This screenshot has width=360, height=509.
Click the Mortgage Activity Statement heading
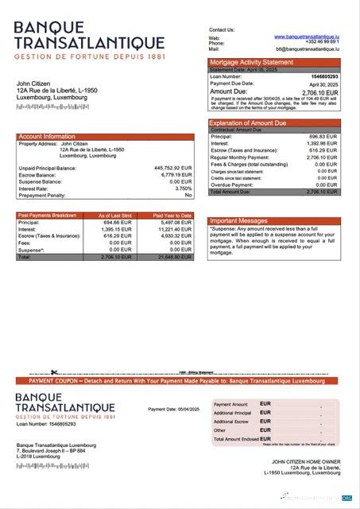click(x=251, y=62)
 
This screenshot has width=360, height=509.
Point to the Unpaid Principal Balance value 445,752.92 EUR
click(x=172, y=168)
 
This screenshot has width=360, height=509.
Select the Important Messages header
click(x=238, y=220)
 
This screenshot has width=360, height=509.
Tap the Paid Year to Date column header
click(x=172, y=216)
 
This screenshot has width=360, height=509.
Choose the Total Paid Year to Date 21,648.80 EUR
click(x=175, y=258)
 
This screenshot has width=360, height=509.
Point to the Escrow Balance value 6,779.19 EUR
click(x=176, y=174)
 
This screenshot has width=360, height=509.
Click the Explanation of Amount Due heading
click(x=251, y=123)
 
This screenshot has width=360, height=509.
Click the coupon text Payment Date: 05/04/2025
click(x=173, y=409)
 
